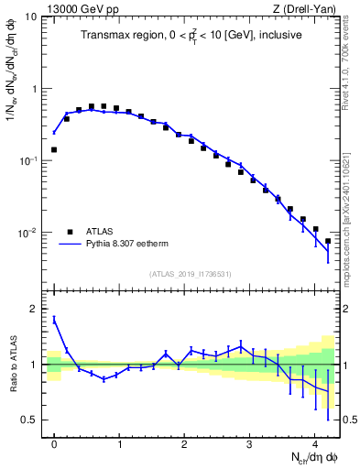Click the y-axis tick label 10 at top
[x=30, y=17]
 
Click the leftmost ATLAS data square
[x=54, y=149]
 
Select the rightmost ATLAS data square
[x=328, y=241]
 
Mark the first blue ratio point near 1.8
[x=54, y=319]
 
